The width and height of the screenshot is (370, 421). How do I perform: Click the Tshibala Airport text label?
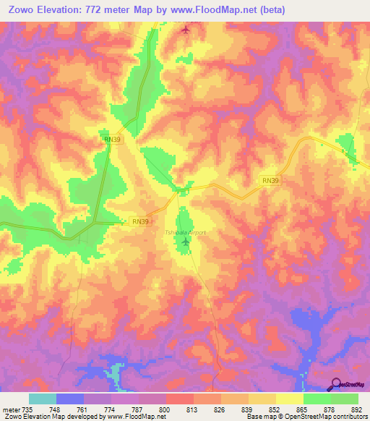point(185,233)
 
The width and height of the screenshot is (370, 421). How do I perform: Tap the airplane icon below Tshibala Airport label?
point(186,243)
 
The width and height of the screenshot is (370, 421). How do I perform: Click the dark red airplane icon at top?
point(186,30)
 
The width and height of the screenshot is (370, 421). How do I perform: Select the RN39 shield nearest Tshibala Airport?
point(140,221)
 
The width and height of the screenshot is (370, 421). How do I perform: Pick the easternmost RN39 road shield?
point(269,181)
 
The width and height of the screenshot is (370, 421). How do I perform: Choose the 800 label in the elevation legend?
point(166,409)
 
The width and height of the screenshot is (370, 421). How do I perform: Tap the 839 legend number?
point(249,409)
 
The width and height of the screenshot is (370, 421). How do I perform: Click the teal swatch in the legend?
point(43,399)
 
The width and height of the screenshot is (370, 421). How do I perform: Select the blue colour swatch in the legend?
point(70,399)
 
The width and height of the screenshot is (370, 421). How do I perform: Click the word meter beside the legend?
point(12,409)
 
